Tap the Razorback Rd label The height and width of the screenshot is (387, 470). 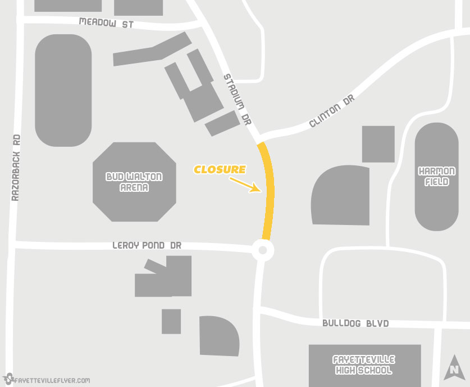tap(16, 168)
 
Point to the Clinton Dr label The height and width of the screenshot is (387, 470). tap(332, 111)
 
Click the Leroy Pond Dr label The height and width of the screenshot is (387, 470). tap(146, 246)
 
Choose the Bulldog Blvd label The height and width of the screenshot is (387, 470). tap(355, 324)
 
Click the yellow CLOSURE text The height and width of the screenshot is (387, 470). tap(220, 169)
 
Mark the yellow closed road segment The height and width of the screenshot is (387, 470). tap(269, 191)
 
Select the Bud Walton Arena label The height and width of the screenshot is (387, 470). tap(134, 182)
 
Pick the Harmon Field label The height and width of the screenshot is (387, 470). tap(437, 177)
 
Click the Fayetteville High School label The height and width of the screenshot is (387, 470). tap(364, 364)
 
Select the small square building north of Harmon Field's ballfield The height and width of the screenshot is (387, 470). tap(378, 144)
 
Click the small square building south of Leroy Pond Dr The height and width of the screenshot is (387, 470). tap(171, 321)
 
